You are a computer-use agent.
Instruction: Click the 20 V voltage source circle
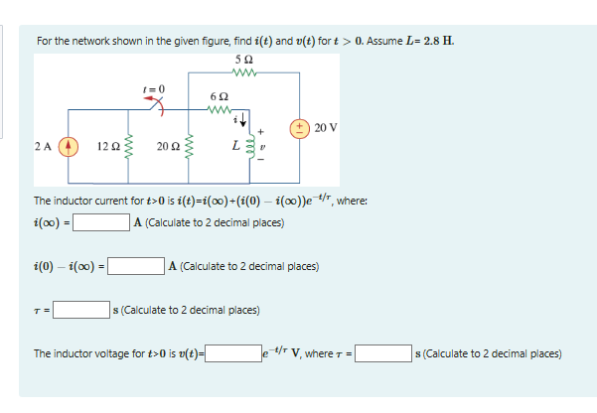pos(299,127)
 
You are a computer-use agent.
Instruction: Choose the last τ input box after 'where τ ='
pos(384,352)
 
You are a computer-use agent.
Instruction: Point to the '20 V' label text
pos(325,127)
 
